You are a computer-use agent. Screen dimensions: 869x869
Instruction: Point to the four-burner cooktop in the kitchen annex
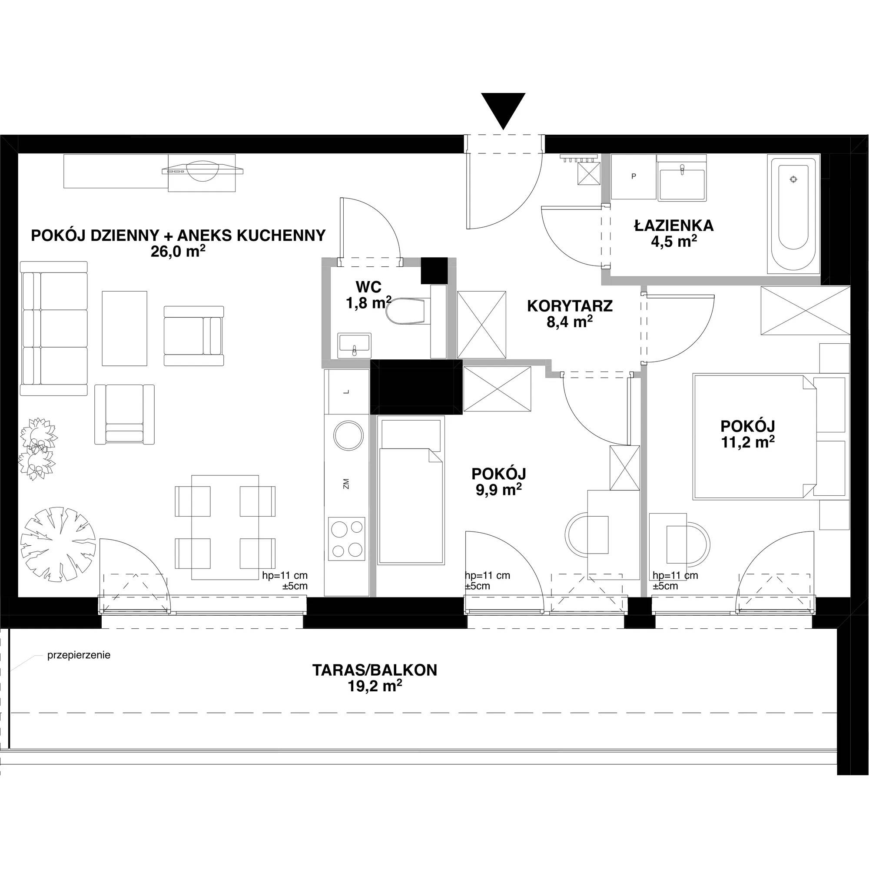[x=346, y=538]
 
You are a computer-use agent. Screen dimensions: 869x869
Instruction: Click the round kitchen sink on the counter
[x=348, y=435]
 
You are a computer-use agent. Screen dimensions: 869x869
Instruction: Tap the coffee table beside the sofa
[x=125, y=328]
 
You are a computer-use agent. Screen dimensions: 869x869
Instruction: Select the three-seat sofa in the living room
[x=53, y=328]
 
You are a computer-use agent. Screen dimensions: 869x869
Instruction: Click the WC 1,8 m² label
[x=368, y=295]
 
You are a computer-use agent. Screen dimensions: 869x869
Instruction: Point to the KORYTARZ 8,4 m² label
[x=570, y=314]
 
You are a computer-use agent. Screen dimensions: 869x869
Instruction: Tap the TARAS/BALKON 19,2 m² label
[x=375, y=678]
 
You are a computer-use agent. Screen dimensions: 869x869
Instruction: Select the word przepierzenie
[x=79, y=655]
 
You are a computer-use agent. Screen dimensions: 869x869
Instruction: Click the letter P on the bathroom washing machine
[x=634, y=176]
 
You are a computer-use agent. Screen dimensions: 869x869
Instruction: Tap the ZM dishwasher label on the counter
[x=346, y=484]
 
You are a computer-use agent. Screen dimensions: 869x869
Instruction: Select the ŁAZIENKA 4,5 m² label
[x=674, y=233]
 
